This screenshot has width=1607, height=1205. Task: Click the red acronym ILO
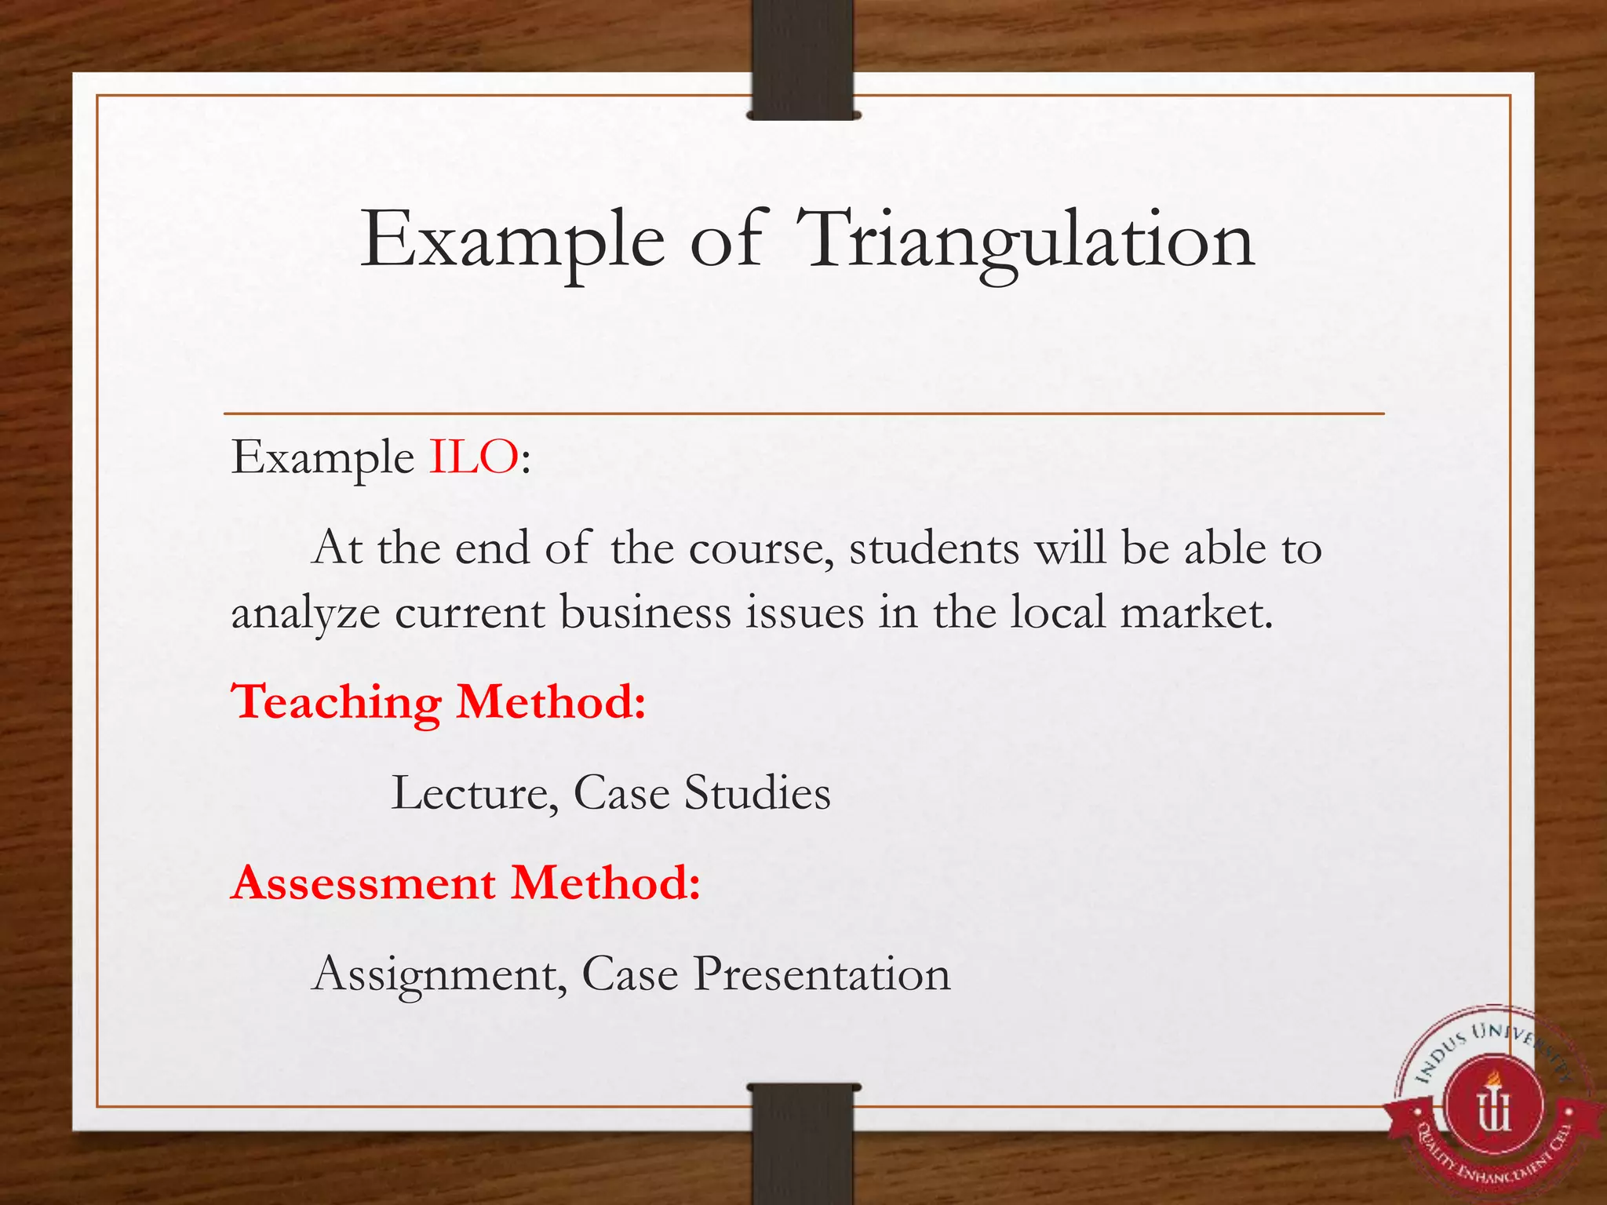[x=473, y=457]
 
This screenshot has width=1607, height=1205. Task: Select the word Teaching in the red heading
[x=336, y=702]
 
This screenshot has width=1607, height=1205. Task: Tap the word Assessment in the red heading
[x=364, y=883]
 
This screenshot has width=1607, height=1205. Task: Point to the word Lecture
[x=475, y=793]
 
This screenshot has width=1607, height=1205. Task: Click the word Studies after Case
[x=757, y=793]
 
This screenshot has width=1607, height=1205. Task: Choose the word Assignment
[x=439, y=975]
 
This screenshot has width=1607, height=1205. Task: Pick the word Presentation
[x=822, y=975]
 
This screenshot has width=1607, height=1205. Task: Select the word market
[x=1196, y=613]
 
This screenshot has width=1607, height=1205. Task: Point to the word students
[x=934, y=548]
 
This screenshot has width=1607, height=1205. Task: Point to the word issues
[x=804, y=613]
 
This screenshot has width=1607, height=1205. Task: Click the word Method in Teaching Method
[x=551, y=702]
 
